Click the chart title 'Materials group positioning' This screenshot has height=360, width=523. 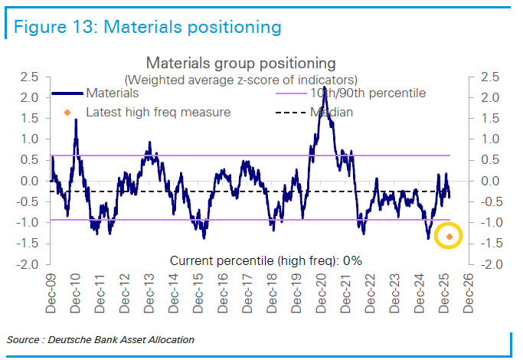coord(240,63)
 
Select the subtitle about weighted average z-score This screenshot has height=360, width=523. coord(240,79)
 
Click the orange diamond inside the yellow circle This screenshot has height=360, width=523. coord(449,237)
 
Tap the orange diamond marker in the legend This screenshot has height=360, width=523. coord(67,113)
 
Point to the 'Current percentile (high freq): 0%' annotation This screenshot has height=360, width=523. coord(266,260)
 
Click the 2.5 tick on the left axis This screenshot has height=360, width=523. coord(30,77)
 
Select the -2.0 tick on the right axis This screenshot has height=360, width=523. coord(487,264)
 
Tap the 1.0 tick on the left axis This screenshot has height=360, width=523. coord(30,139)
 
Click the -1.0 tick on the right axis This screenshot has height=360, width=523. coord(487,223)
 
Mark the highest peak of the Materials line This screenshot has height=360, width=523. coord(325,89)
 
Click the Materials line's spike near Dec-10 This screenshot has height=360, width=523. coord(76,120)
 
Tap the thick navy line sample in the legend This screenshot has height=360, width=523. coord(67,93)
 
